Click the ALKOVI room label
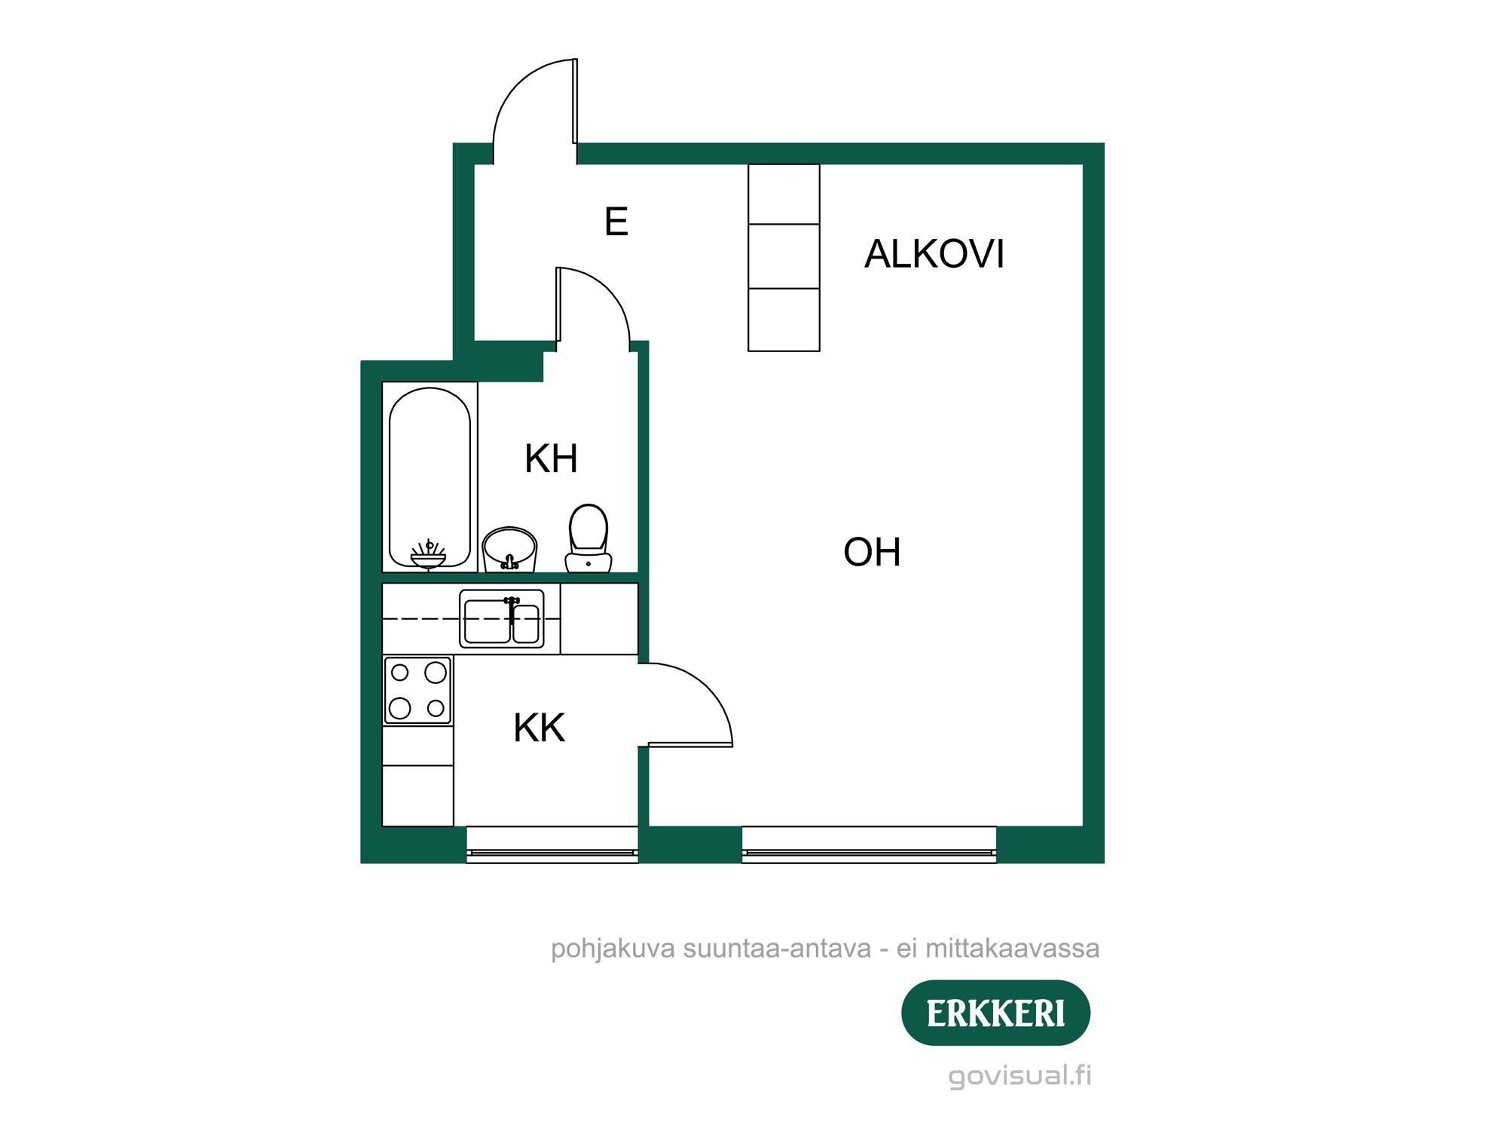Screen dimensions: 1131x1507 click(x=934, y=253)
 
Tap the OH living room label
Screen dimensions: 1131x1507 click(x=872, y=552)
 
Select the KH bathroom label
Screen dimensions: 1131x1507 click(x=551, y=458)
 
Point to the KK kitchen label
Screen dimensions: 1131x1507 click(x=539, y=728)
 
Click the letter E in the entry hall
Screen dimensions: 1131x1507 click(x=616, y=222)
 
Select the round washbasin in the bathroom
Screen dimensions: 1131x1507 click(x=509, y=549)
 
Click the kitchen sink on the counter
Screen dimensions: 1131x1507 click(x=502, y=619)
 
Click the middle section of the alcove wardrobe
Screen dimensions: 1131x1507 click(x=784, y=256)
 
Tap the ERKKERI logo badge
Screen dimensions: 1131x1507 click(x=995, y=1013)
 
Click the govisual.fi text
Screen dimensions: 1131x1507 click(x=1019, y=1075)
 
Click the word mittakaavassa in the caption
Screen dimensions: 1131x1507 click(x=1012, y=949)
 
